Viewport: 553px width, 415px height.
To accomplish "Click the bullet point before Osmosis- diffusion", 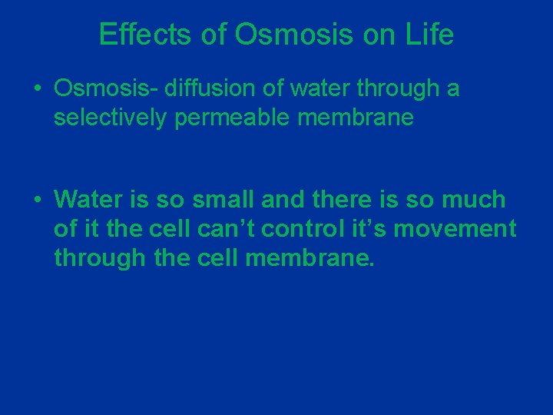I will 37,90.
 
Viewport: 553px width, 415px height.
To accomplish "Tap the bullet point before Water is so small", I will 37,201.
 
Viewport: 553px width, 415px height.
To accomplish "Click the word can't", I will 227,228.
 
